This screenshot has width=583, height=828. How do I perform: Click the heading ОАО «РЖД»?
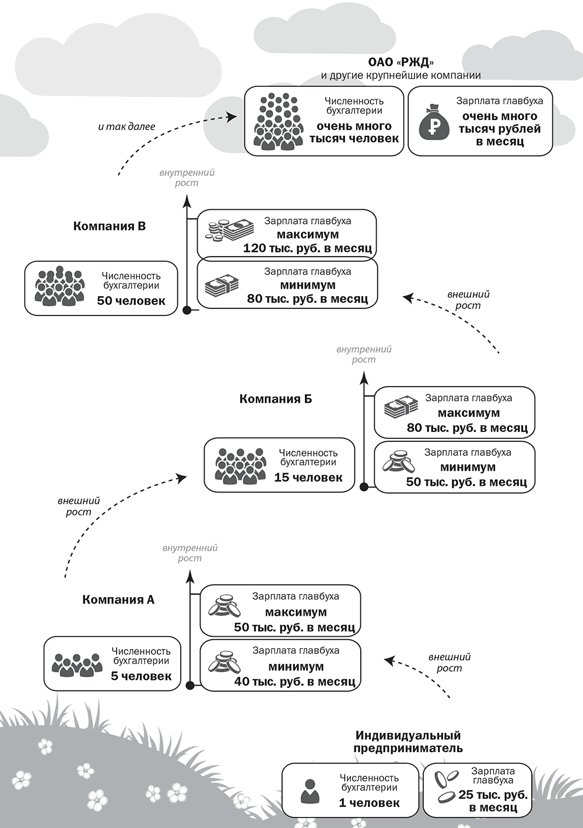(x=401, y=62)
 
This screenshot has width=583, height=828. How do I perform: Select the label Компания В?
(x=110, y=226)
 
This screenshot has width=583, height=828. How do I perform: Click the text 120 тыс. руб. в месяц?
(x=307, y=248)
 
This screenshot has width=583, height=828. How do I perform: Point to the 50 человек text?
(x=131, y=301)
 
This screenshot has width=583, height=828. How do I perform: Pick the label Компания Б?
(x=276, y=399)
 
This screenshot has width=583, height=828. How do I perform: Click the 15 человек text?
(x=308, y=478)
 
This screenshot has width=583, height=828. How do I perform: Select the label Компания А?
(x=118, y=599)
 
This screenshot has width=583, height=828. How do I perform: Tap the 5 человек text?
(x=141, y=676)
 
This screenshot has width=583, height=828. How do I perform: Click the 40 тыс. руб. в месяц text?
(x=295, y=681)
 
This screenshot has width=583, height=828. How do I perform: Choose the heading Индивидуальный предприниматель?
(x=408, y=742)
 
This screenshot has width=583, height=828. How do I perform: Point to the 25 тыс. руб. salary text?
(x=493, y=795)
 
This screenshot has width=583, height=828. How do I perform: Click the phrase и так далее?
(x=127, y=127)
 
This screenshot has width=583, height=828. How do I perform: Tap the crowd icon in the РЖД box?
(x=279, y=121)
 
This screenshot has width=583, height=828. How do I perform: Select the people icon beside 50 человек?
(x=59, y=287)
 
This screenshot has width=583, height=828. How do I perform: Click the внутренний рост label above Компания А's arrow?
(x=190, y=553)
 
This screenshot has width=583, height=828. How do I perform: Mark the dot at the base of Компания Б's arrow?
(x=364, y=486)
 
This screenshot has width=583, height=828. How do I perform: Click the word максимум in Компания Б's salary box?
(x=469, y=413)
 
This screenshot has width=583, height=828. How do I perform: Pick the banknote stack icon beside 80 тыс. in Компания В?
(x=222, y=286)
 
